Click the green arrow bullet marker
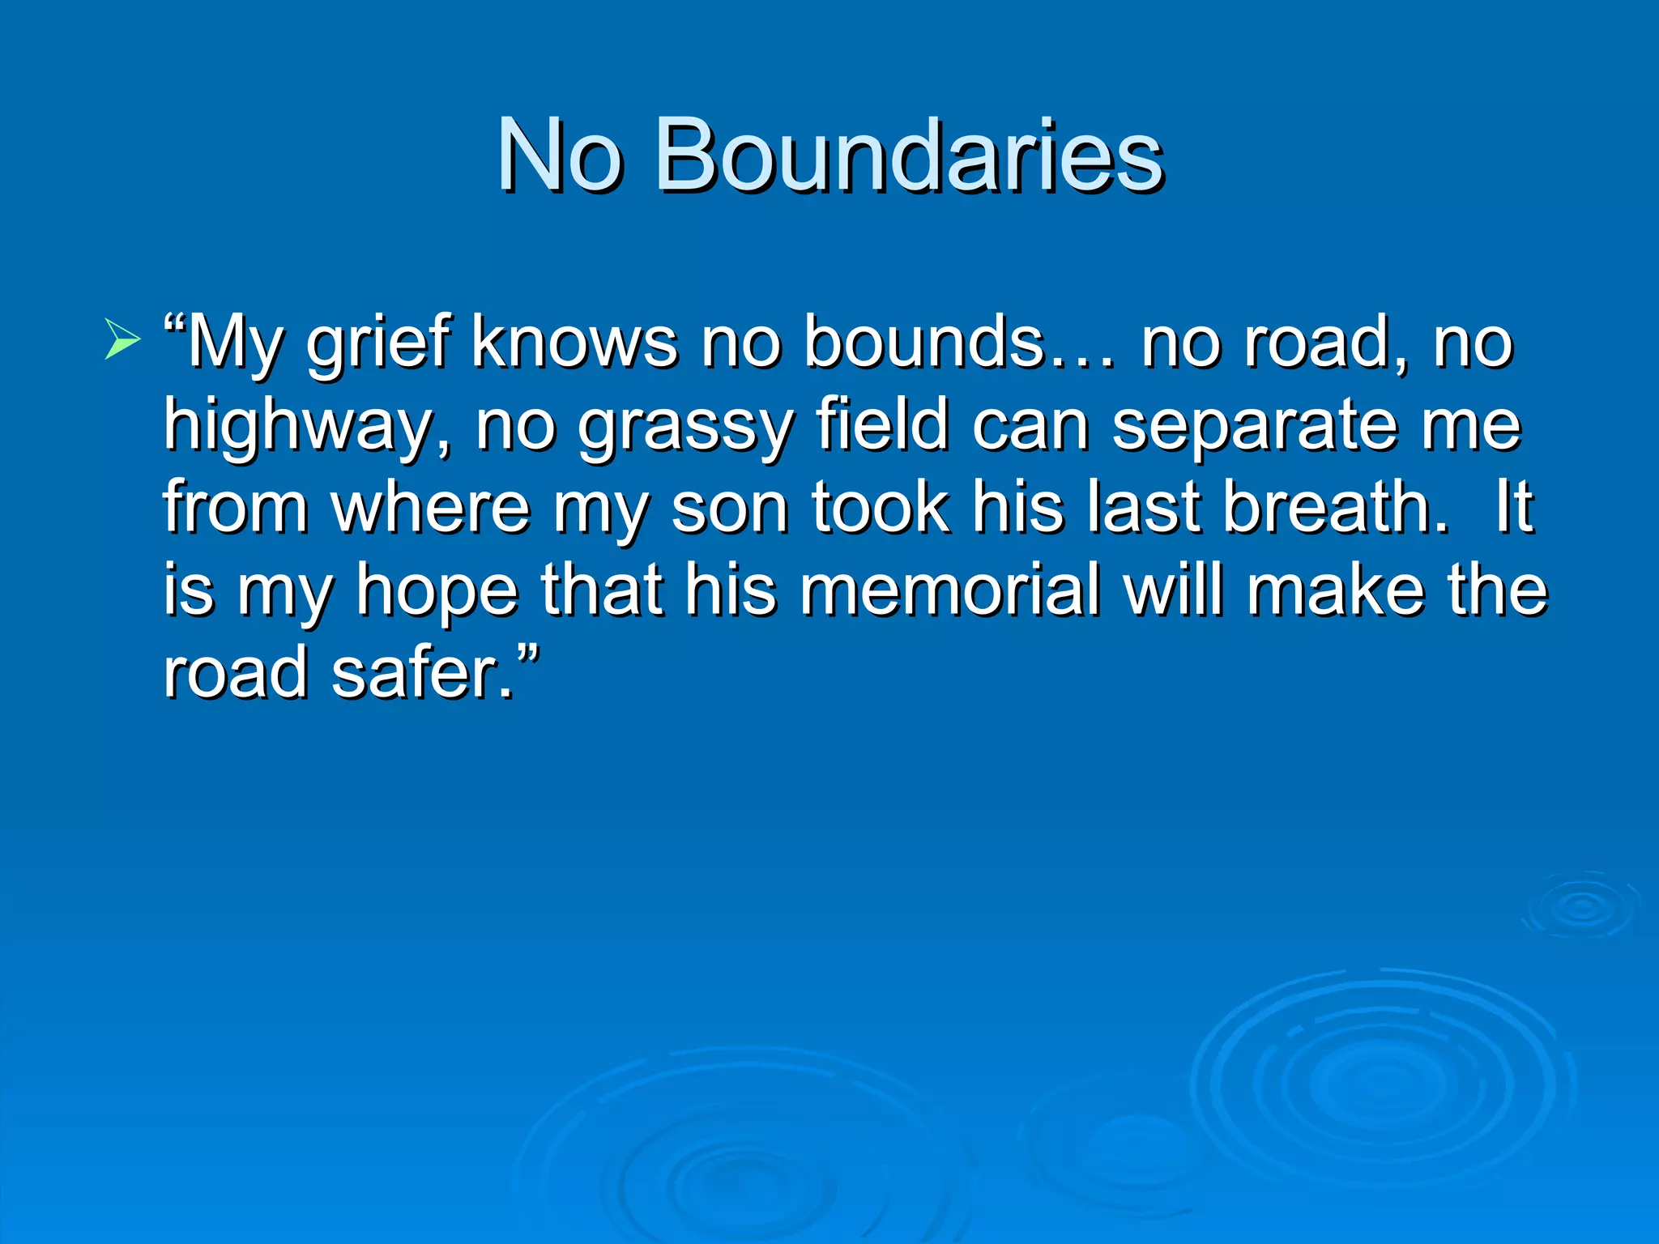point(122,339)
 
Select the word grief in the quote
point(377,343)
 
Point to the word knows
point(574,342)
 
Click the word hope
point(437,592)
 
